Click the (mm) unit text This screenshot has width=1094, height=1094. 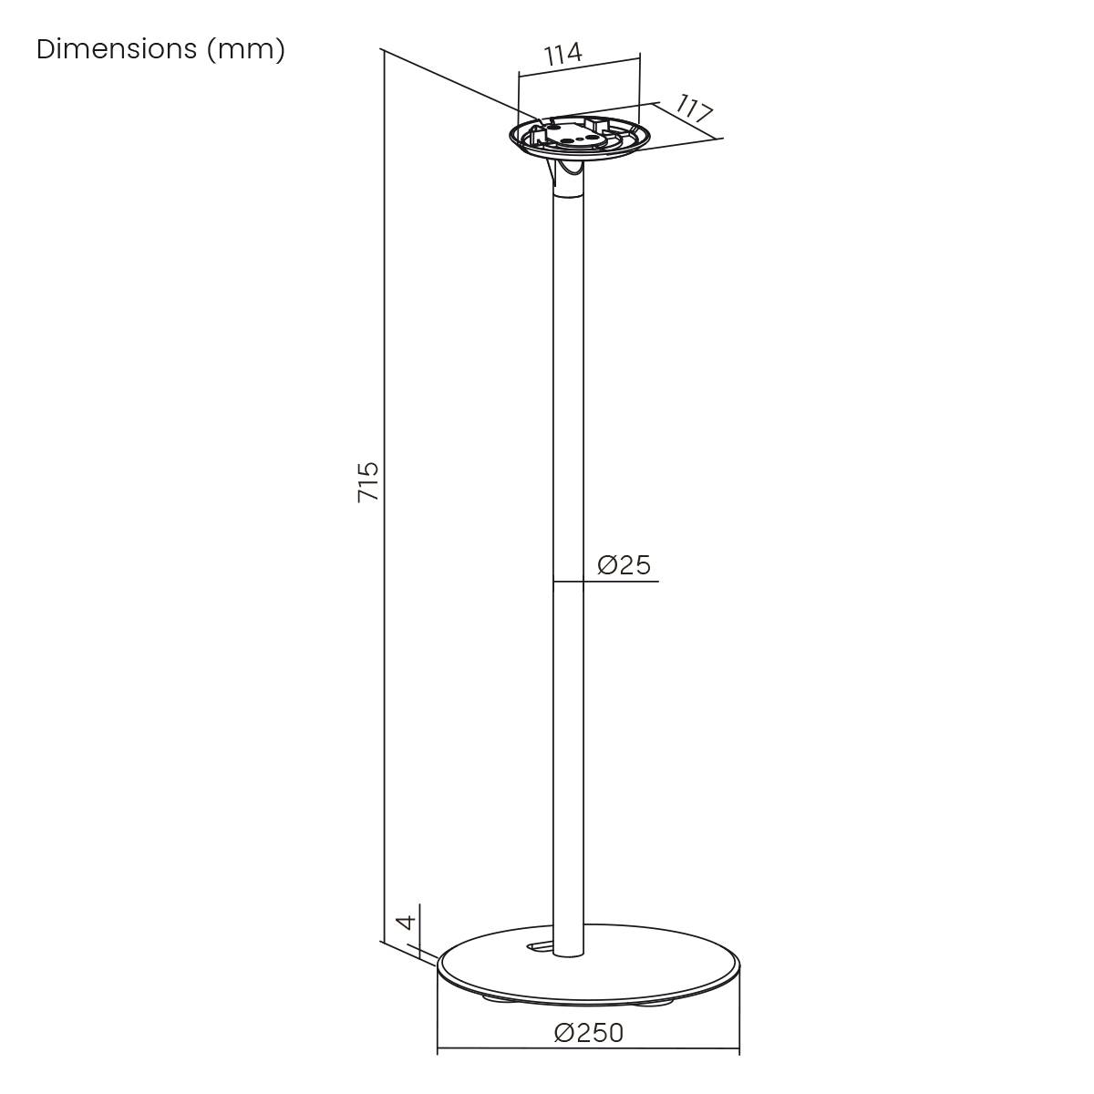pyautogui.click(x=245, y=49)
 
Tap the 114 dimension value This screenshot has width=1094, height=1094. pyautogui.click(x=562, y=54)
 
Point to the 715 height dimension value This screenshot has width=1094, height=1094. pyautogui.click(x=367, y=481)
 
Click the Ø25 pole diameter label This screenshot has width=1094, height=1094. pyautogui.click(x=624, y=565)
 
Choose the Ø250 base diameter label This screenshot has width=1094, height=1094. pyautogui.click(x=589, y=1033)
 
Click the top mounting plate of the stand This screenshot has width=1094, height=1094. pyautogui.click(x=580, y=137)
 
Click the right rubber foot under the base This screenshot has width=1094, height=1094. pyautogui.click(x=660, y=1002)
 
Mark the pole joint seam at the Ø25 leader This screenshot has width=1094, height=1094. pyautogui.click(x=568, y=581)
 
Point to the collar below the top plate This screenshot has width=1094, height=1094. pyautogui.click(x=570, y=182)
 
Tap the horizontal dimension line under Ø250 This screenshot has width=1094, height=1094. pyautogui.click(x=589, y=1052)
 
